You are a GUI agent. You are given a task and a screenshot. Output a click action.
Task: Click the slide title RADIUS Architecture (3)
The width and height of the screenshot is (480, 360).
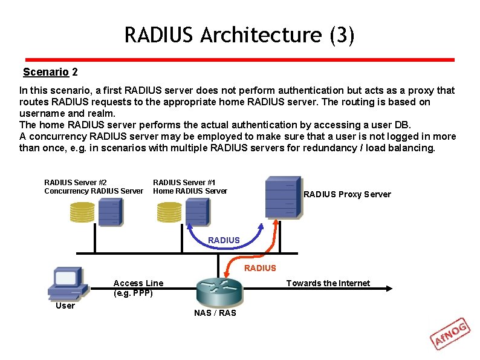click(239, 35)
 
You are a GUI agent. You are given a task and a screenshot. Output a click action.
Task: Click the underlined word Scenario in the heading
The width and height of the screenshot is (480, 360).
click(45, 72)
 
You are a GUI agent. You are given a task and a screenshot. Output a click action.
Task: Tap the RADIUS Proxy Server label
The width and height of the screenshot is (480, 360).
click(347, 194)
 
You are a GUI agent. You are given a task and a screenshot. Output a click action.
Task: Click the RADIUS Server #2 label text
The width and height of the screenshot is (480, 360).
click(76, 182)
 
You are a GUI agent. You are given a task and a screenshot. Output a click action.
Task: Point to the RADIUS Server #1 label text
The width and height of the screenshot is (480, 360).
click(184, 182)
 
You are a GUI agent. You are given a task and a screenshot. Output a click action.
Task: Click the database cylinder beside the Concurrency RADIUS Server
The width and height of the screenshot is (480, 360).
click(82, 211)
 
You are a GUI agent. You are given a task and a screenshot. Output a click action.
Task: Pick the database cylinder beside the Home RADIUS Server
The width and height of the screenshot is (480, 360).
click(169, 211)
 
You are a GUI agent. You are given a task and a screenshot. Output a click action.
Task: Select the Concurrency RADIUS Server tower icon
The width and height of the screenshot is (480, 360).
click(110, 212)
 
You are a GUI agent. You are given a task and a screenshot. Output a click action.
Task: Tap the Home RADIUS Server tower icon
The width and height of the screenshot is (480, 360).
click(197, 212)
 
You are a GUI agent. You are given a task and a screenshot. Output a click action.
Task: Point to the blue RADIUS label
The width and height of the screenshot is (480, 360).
click(224, 240)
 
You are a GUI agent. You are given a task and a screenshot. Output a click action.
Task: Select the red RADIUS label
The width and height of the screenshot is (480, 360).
click(260, 268)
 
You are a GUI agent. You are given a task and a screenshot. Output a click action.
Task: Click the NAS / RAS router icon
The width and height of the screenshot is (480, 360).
click(219, 291)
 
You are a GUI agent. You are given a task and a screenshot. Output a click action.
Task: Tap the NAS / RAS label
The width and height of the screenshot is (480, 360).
click(215, 313)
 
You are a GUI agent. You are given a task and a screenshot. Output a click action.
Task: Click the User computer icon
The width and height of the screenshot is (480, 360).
click(65, 282)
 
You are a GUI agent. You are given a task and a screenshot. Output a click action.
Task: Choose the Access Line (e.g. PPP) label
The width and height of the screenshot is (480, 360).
click(138, 288)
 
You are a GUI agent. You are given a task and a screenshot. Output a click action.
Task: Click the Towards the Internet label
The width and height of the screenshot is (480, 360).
click(328, 283)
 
